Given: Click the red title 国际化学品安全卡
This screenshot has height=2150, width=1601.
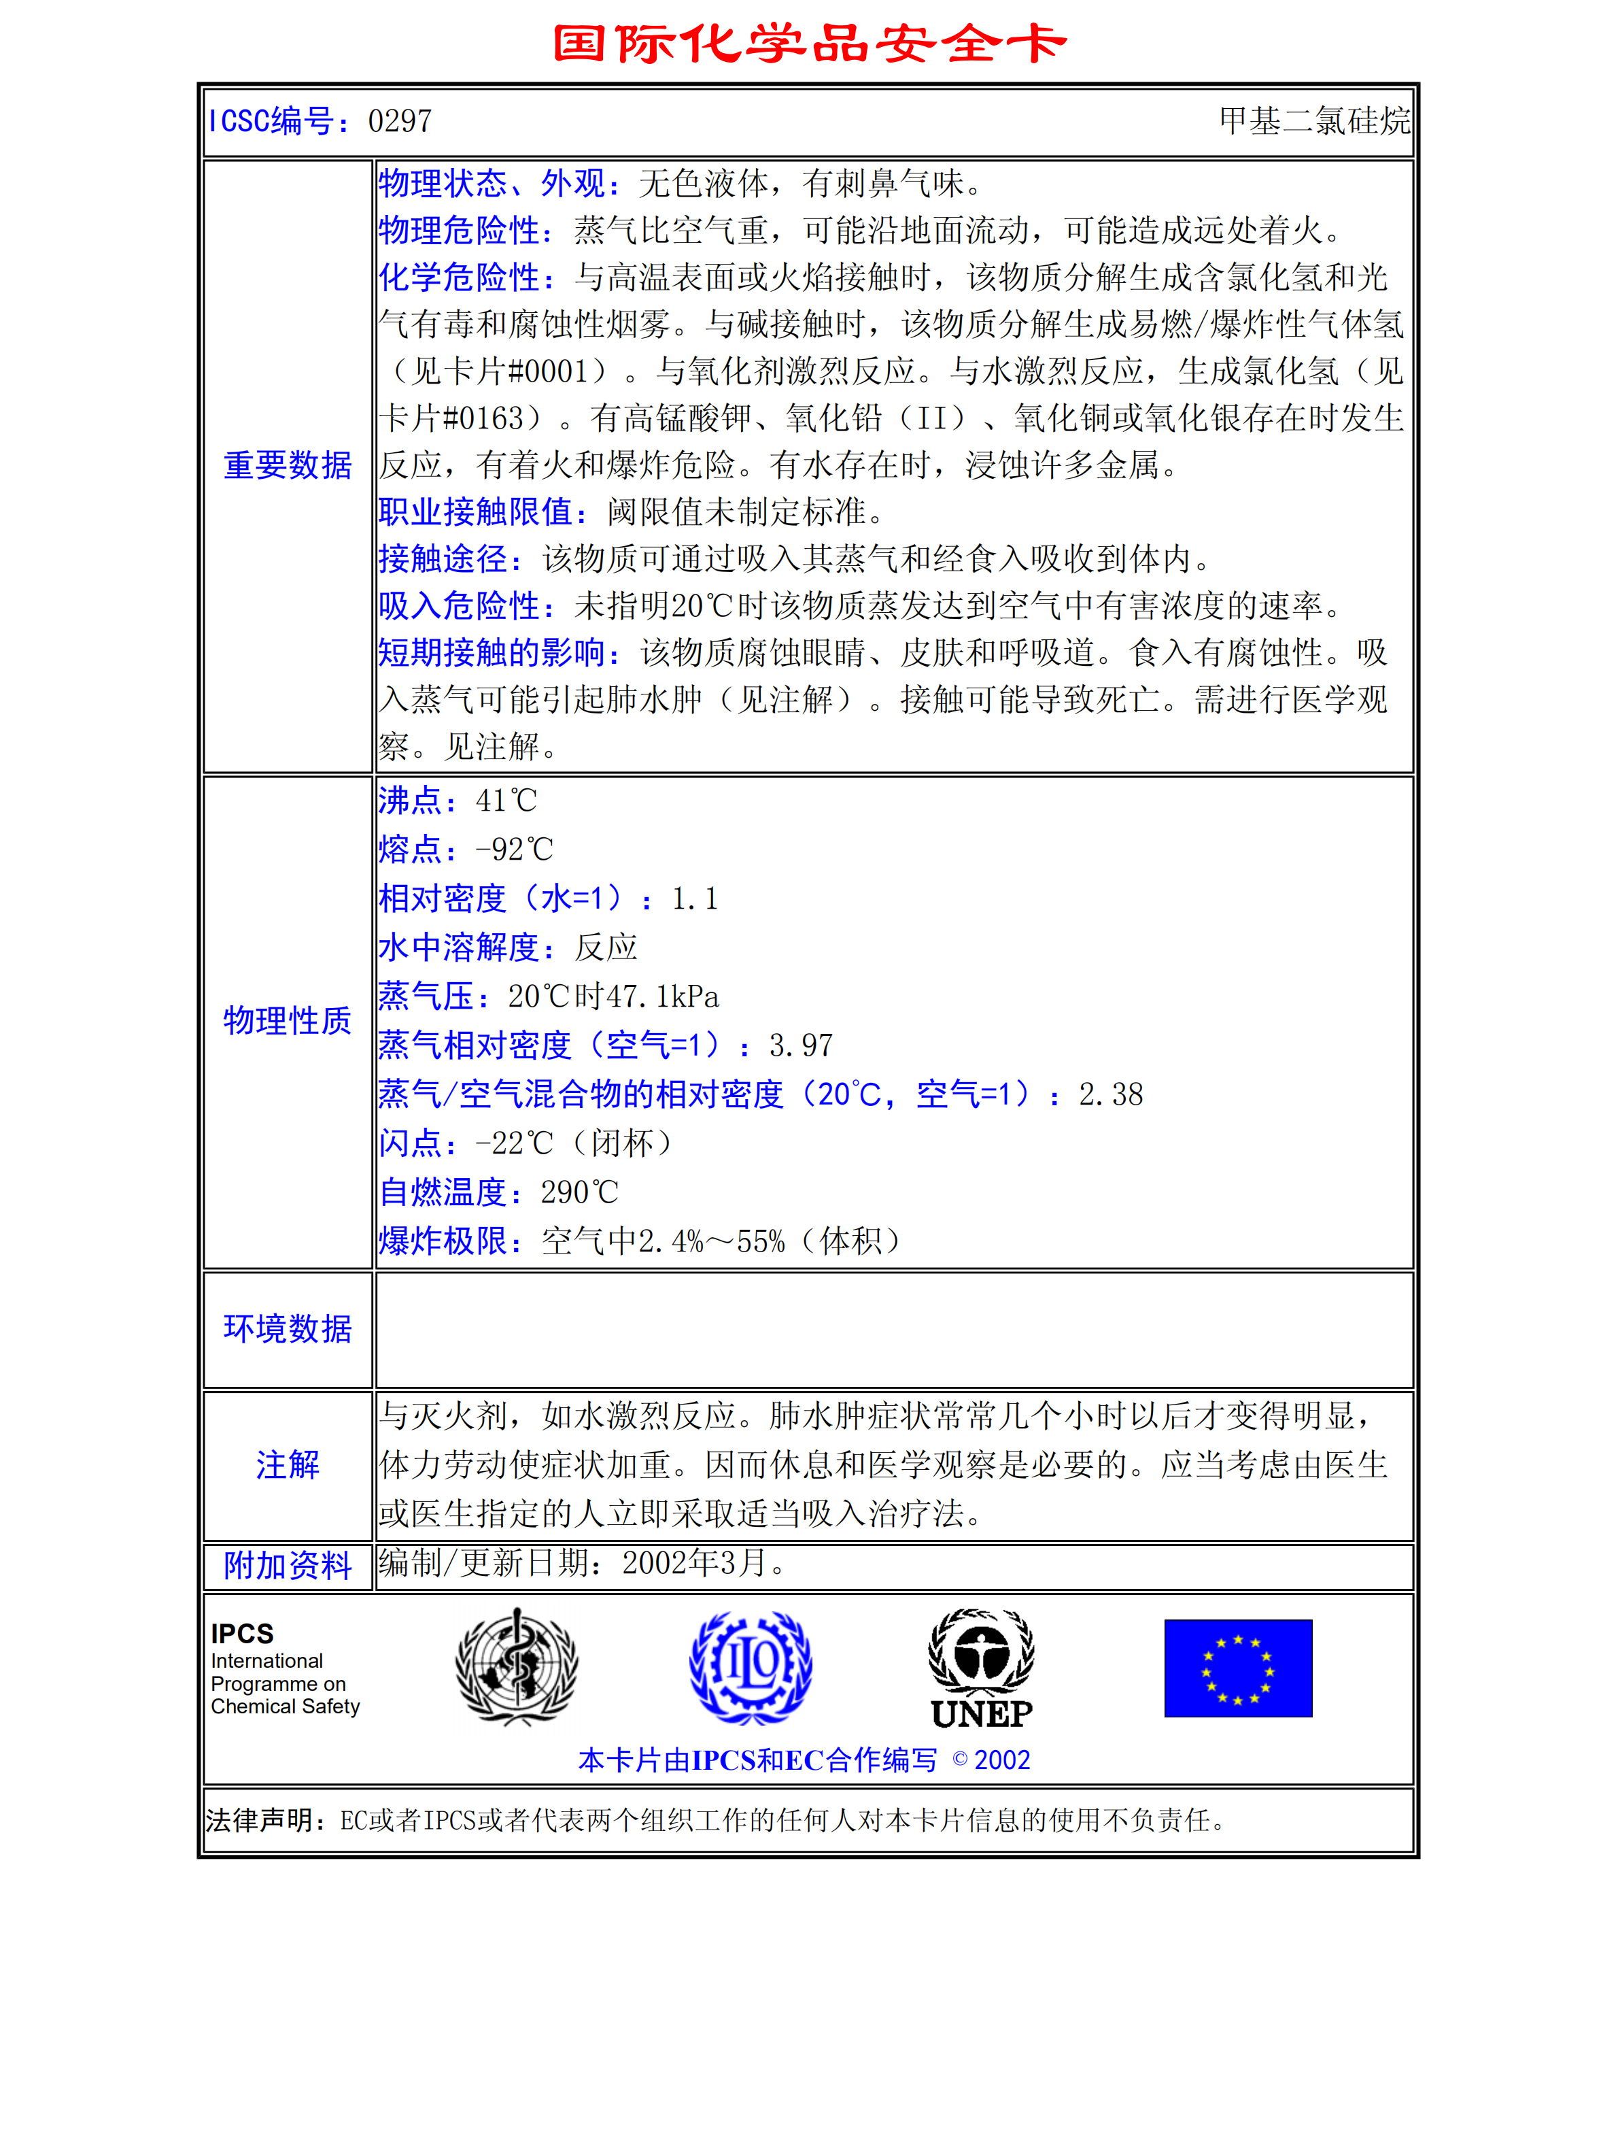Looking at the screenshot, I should (809, 43).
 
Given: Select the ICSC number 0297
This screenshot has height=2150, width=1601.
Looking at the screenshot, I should (399, 121).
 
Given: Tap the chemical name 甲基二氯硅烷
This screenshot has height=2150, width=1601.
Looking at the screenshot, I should (1313, 121).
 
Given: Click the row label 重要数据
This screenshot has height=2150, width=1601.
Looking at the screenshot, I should (287, 465).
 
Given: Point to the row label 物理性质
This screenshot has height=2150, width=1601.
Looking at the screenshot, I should (287, 1021).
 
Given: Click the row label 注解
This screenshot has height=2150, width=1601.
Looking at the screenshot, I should (287, 1464).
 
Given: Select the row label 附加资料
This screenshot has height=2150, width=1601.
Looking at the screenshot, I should (287, 1566).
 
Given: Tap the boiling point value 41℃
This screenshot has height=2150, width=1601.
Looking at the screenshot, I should (506, 801).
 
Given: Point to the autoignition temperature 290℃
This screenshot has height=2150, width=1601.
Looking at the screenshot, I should (579, 1192).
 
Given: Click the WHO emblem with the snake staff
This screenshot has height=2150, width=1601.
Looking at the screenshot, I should (517, 1667).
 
